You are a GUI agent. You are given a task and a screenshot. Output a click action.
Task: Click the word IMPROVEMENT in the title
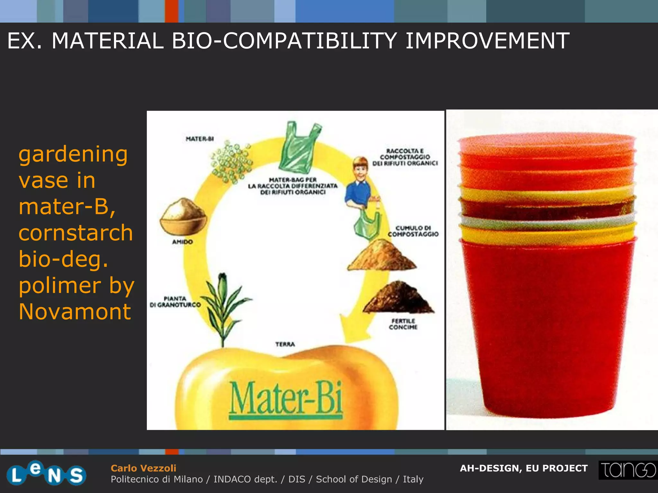click(487, 41)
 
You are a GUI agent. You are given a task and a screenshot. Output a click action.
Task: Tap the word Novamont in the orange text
click(75, 311)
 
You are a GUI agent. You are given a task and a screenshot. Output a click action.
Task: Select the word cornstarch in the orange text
click(76, 233)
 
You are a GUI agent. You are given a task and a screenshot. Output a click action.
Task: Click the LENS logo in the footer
click(46, 473)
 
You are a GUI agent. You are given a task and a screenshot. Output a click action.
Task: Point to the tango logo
click(627, 470)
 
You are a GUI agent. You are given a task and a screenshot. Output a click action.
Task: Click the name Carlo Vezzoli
click(143, 468)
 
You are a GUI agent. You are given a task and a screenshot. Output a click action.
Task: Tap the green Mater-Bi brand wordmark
click(286, 399)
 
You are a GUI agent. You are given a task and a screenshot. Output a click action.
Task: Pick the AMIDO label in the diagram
click(182, 242)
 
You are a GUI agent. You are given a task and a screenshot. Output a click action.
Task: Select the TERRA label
click(285, 344)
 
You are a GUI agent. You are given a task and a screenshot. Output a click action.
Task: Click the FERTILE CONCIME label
click(403, 324)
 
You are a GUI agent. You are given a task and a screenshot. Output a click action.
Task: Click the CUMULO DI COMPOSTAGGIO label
click(413, 231)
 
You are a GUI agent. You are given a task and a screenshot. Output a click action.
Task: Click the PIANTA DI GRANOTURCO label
click(175, 302)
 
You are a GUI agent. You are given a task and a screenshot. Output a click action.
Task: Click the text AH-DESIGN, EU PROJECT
click(524, 468)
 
